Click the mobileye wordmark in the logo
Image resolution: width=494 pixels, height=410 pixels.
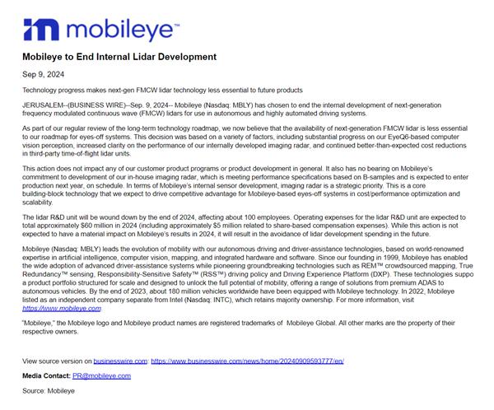pos(122,30)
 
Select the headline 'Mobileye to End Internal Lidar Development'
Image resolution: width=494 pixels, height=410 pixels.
pos(119,57)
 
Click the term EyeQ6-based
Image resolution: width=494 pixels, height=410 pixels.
pos(412,138)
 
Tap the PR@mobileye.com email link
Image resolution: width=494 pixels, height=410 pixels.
pos(101,375)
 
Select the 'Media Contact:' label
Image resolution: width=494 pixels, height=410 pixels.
pos(46,375)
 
